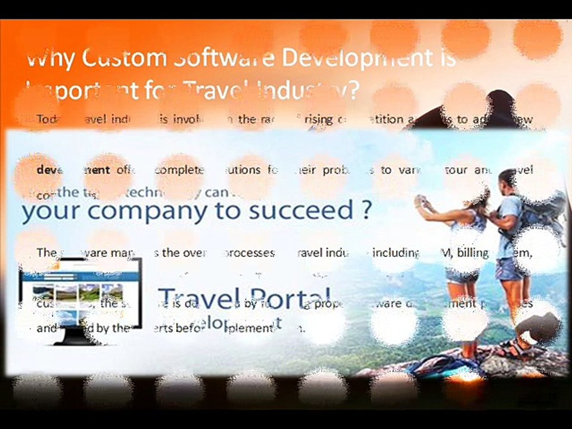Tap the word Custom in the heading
[123, 58]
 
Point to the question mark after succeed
[366, 210]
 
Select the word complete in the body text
[179, 170]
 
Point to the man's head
[507, 178]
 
